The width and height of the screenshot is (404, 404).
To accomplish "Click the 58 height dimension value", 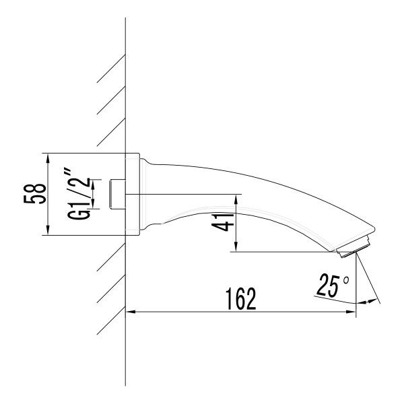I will tap(38, 194).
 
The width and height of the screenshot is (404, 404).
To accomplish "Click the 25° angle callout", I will tap(331, 285).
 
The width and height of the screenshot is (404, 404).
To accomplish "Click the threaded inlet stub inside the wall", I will tap(118, 195).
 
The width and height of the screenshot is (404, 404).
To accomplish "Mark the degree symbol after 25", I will tap(346, 278).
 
